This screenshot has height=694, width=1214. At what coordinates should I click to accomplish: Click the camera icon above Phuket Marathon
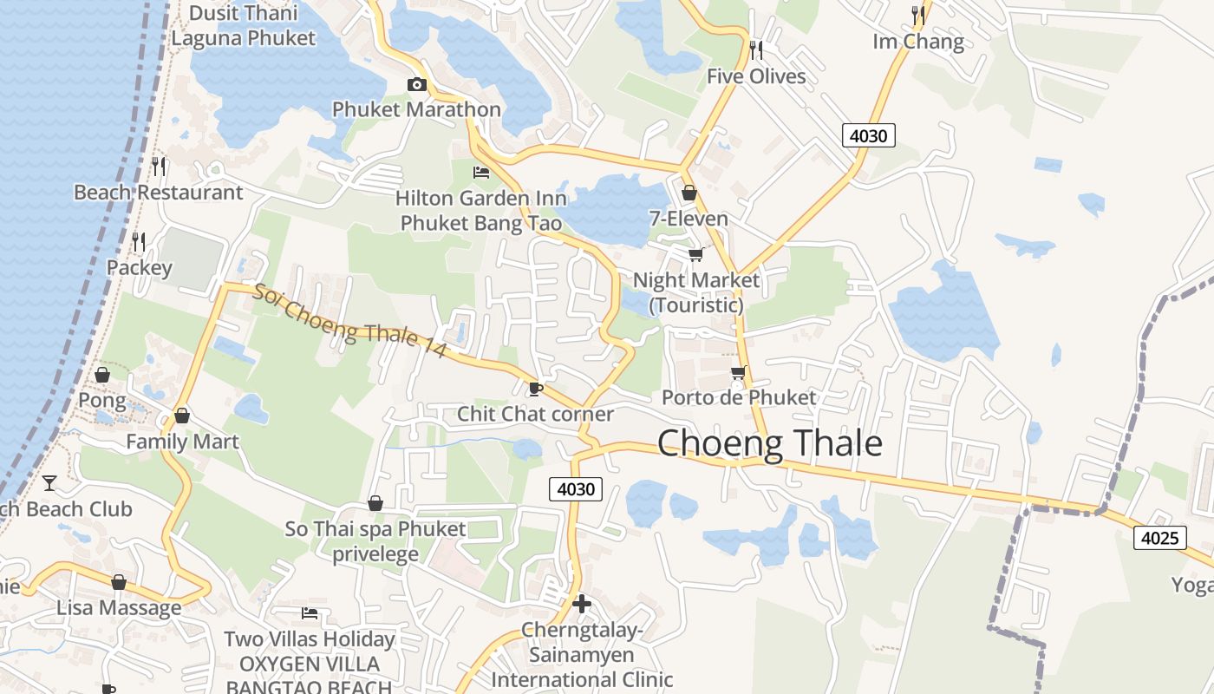417,84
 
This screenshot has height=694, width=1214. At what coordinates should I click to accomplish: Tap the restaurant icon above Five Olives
756,50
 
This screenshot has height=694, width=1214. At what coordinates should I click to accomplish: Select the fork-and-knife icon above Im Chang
919,15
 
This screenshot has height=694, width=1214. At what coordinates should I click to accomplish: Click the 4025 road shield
1159,538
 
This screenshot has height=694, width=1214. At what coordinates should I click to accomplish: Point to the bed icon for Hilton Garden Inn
480,172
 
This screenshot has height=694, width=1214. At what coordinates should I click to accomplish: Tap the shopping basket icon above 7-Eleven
689,193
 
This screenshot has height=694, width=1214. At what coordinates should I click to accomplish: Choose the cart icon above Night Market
695,254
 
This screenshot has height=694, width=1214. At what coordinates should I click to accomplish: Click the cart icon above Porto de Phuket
738,372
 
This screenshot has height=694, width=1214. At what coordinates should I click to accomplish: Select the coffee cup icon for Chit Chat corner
535,389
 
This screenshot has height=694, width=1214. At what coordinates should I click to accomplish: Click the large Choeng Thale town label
770,443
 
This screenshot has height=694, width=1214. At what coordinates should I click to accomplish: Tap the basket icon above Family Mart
182,416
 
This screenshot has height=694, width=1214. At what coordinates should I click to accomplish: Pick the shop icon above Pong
102,375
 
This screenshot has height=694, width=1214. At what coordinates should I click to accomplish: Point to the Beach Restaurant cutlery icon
159,166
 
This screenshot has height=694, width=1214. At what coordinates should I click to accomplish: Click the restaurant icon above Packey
139,241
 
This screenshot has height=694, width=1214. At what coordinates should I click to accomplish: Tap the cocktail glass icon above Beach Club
50,483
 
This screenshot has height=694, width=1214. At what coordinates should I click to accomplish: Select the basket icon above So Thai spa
375,503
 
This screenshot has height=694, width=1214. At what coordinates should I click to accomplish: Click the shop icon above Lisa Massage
119,582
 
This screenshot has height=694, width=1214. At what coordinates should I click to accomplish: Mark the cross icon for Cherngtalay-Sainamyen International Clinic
582,603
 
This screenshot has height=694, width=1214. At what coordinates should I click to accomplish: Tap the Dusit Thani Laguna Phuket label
243,25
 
